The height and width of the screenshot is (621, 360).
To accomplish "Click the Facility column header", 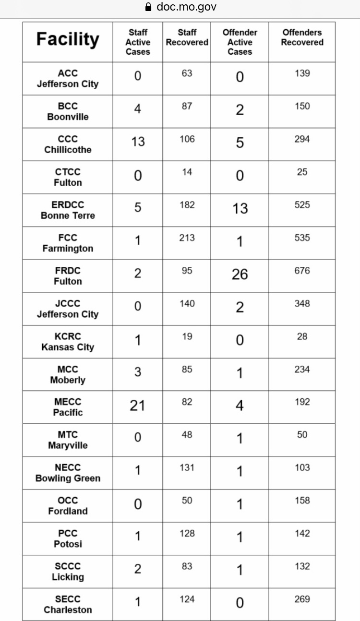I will click(68, 39).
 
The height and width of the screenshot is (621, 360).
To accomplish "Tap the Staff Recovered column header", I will click(187, 37).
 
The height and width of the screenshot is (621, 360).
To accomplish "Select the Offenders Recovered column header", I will click(302, 37).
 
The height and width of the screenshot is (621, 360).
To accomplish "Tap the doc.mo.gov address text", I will click(186, 7).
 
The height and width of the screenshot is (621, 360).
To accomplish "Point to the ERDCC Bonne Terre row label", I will click(68, 210).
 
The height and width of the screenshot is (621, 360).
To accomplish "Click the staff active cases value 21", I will click(137, 406).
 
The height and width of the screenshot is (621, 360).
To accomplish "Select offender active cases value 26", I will click(240, 275).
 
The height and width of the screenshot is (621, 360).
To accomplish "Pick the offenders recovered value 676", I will click(302, 271).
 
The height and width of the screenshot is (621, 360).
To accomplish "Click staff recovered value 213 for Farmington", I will click(187, 238).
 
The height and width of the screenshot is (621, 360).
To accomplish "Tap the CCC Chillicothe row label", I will click(68, 144).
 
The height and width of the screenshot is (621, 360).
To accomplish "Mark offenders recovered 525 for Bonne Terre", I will click(302, 205).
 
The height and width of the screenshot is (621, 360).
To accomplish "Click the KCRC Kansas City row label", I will click(68, 342).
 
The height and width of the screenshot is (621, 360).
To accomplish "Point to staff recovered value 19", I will click(187, 336).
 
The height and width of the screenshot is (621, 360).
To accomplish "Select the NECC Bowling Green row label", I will click(68, 473).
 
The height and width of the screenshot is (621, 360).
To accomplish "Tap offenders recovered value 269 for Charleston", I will click(302, 599).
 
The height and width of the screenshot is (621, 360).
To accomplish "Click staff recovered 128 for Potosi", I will click(187, 533).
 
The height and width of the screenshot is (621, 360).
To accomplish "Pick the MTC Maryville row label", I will click(68, 440).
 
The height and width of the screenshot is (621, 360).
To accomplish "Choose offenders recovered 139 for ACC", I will click(302, 73).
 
